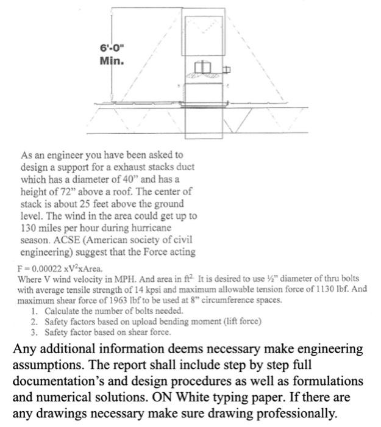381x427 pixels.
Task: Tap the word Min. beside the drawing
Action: coord(112,60)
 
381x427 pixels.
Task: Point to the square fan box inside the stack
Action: coord(204,67)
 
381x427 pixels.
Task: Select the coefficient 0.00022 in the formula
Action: coord(44,269)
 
